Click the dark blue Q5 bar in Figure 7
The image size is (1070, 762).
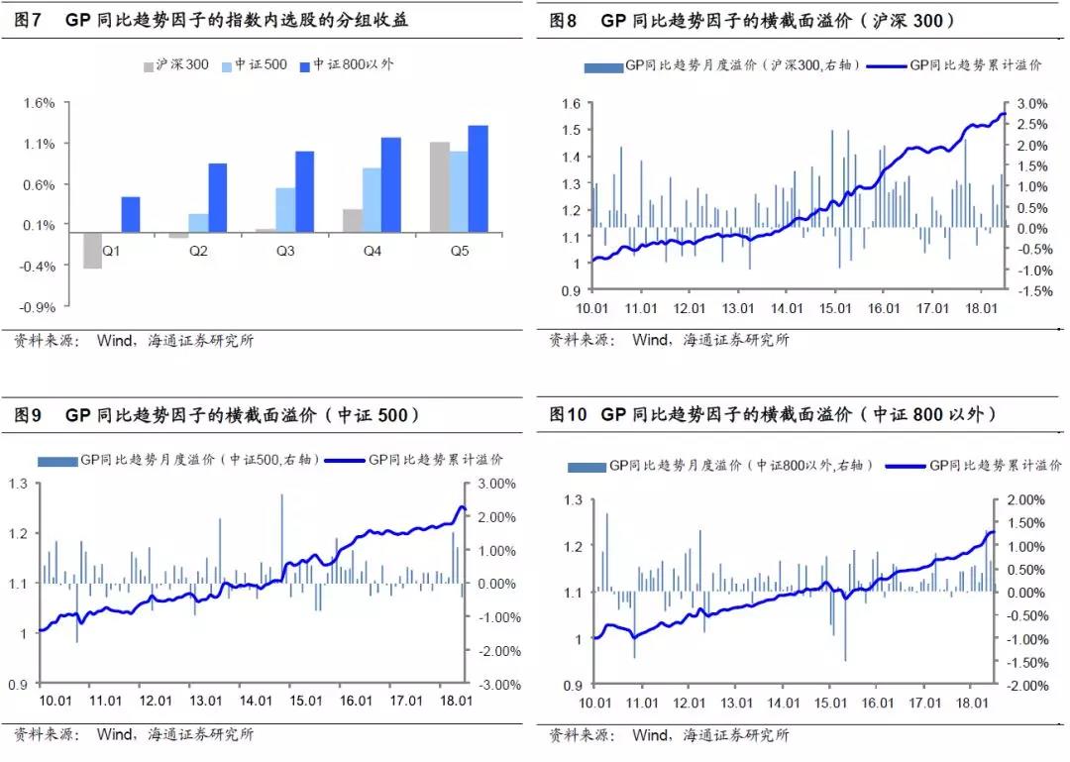coord(478,179)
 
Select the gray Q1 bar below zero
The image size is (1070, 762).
coord(92,251)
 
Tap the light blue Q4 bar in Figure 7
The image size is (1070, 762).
coord(371,200)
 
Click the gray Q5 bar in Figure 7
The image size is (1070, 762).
coord(439,187)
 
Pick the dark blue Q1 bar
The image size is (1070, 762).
coord(131,215)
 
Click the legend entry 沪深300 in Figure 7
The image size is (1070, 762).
coord(182,65)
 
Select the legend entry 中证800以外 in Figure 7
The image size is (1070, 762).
coord(353,65)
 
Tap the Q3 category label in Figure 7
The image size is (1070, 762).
coord(285,252)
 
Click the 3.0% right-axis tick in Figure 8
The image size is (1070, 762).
coord(1031,104)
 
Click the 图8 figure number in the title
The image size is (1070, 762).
coord(563,20)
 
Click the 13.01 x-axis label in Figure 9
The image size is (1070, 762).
coord(205,702)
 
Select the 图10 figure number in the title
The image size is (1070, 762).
coord(569,414)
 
